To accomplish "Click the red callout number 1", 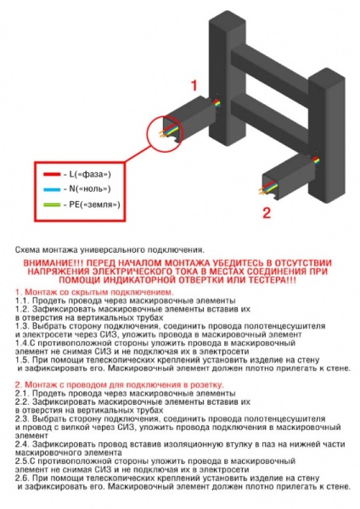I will (194, 86).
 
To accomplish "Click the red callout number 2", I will (266, 212).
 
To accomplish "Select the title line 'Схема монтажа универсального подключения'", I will (109, 250).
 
